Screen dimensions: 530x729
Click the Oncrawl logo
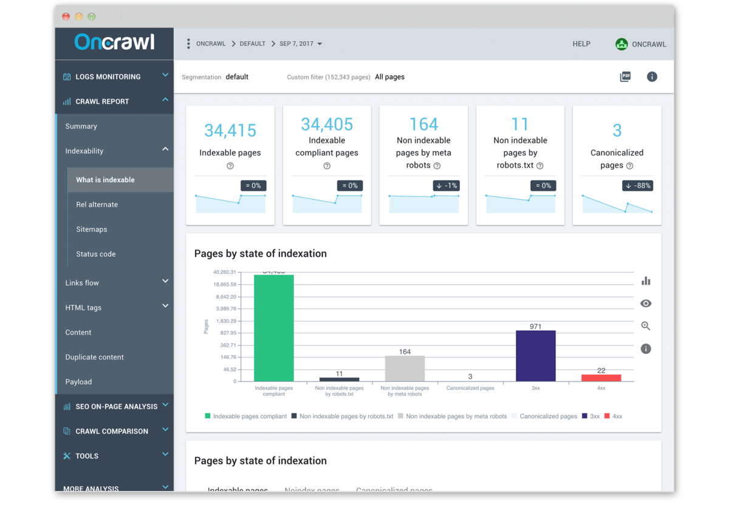(x=114, y=42)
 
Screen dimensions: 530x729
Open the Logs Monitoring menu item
(x=108, y=76)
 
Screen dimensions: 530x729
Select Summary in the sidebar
(x=81, y=126)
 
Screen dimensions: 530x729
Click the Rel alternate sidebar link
(x=97, y=205)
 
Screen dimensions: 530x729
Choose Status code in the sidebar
(x=95, y=254)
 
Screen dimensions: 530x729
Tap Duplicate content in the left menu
(x=94, y=357)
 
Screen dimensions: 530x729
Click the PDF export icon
(x=625, y=76)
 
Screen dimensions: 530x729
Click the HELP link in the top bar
(x=581, y=44)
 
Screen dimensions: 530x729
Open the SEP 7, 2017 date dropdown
(x=300, y=44)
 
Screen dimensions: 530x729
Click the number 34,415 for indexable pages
(x=230, y=130)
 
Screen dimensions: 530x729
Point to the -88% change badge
(x=637, y=186)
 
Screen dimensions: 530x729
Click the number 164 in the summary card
(x=423, y=124)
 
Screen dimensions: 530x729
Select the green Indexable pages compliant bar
(x=274, y=328)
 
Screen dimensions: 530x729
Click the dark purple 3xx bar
(x=535, y=356)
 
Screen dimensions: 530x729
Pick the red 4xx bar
(x=601, y=378)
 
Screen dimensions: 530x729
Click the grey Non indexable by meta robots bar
(x=405, y=369)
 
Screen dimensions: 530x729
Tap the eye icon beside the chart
(x=645, y=304)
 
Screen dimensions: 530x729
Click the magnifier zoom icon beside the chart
(x=645, y=326)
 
